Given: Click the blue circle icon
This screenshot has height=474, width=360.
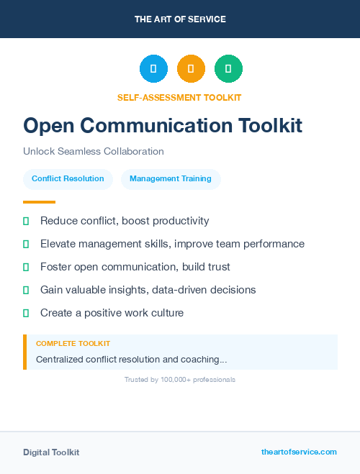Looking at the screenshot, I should pyautogui.click(x=153, y=69).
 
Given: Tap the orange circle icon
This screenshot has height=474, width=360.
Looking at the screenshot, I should pyautogui.click(x=191, y=69).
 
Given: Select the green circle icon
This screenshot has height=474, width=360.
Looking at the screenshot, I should pyautogui.click(x=228, y=69).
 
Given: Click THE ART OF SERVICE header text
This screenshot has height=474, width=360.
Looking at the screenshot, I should pyautogui.click(x=180, y=19).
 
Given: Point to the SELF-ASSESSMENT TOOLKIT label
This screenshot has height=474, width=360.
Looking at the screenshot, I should pyautogui.click(x=179, y=97).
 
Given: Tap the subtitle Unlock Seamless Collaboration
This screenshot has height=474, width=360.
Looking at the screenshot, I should pyautogui.click(x=94, y=151).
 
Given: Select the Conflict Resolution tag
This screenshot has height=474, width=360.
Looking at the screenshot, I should pyautogui.click(x=68, y=178).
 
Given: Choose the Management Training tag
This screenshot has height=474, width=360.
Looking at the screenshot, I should pyautogui.click(x=171, y=178).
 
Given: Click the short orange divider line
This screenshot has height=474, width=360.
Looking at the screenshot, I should pyautogui.click(x=39, y=201).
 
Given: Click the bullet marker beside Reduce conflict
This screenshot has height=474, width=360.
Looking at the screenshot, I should pyautogui.click(x=26, y=221).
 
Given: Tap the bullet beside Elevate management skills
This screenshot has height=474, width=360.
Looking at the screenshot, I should pyautogui.click(x=26, y=245).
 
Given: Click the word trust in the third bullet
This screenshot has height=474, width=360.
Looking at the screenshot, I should pyautogui.click(x=216, y=267).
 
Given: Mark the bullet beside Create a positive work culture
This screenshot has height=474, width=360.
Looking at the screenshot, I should pyautogui.click(x=26, y=313).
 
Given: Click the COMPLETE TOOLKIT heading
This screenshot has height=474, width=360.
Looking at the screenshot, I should pyautogui.click(x=73, y=344).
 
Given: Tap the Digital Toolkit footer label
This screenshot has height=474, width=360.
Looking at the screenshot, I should pyautogui.click(x=51, y=452).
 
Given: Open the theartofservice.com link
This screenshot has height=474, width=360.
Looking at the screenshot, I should pyautogui.click(x=299, y=452).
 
